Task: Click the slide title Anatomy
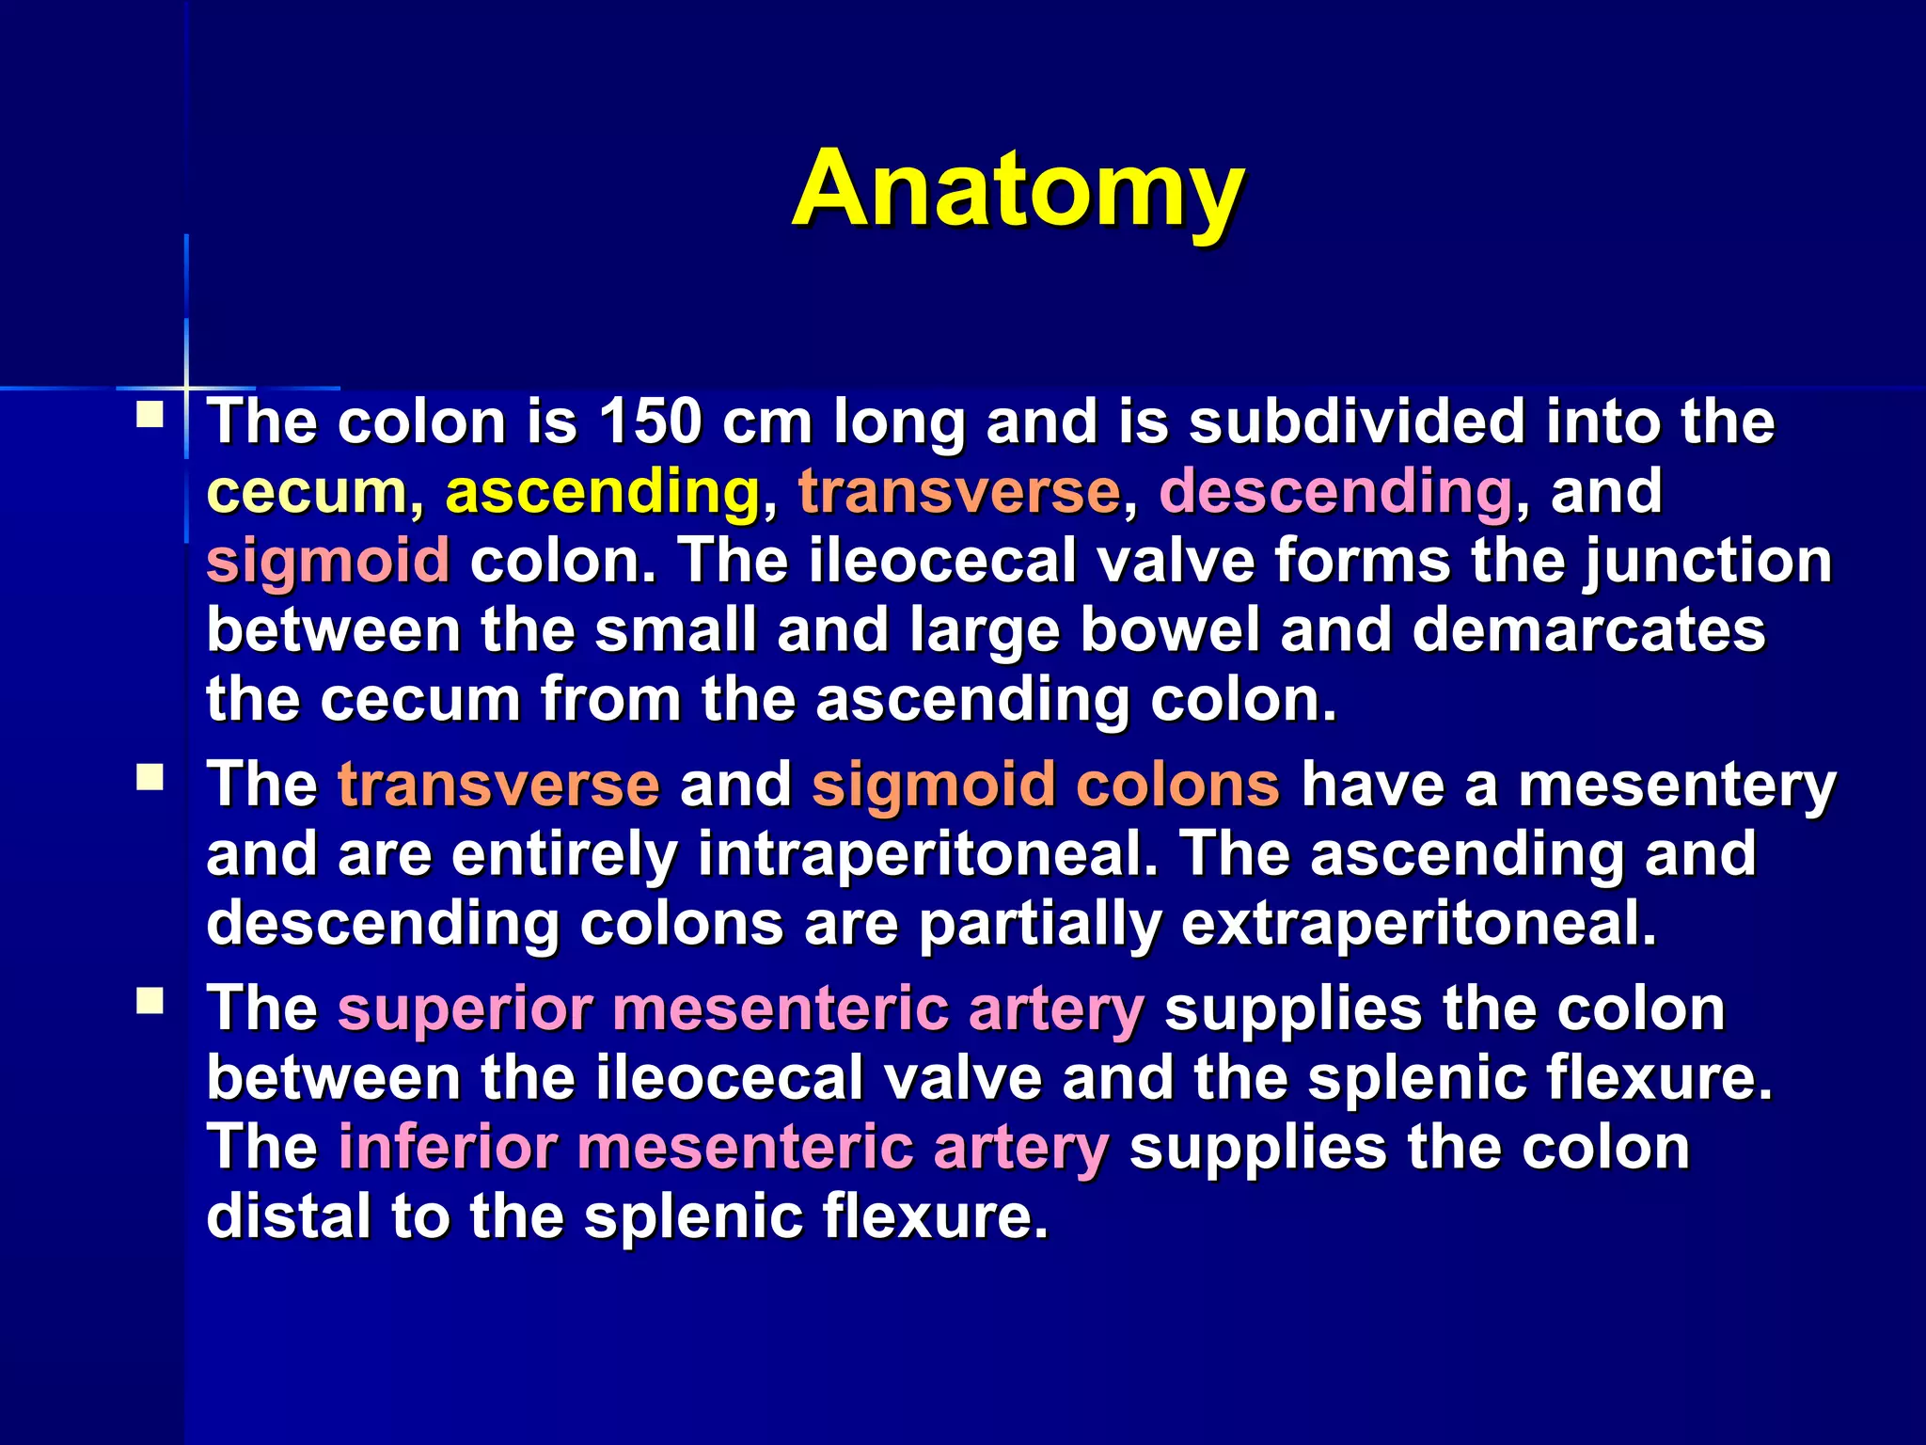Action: pyautogui.click(x=1018, y=190)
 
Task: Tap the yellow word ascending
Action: pyautogui.click(x=602, y=491)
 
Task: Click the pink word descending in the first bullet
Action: pyautogui.click(x=1335, y=491)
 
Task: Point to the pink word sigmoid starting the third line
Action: pyautogui.click(x=327, y=561)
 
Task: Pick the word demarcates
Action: pyautogui.click(x=1588, y=629)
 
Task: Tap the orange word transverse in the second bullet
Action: pyautogui.click(x=498, y=785)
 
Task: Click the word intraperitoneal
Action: pyautogui.click(x=927, y=854)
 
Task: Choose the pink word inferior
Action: pyautogui.click(x=447, y=1148)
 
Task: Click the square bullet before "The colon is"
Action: pyautogui.click(x=150, y=415)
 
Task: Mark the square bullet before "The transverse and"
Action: pyautogui.click(x=150, y=777)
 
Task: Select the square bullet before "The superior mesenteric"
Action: pyautogui.click(x=150, y=1001)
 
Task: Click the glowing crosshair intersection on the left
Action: pyautogui.click(x=186, y=387)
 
